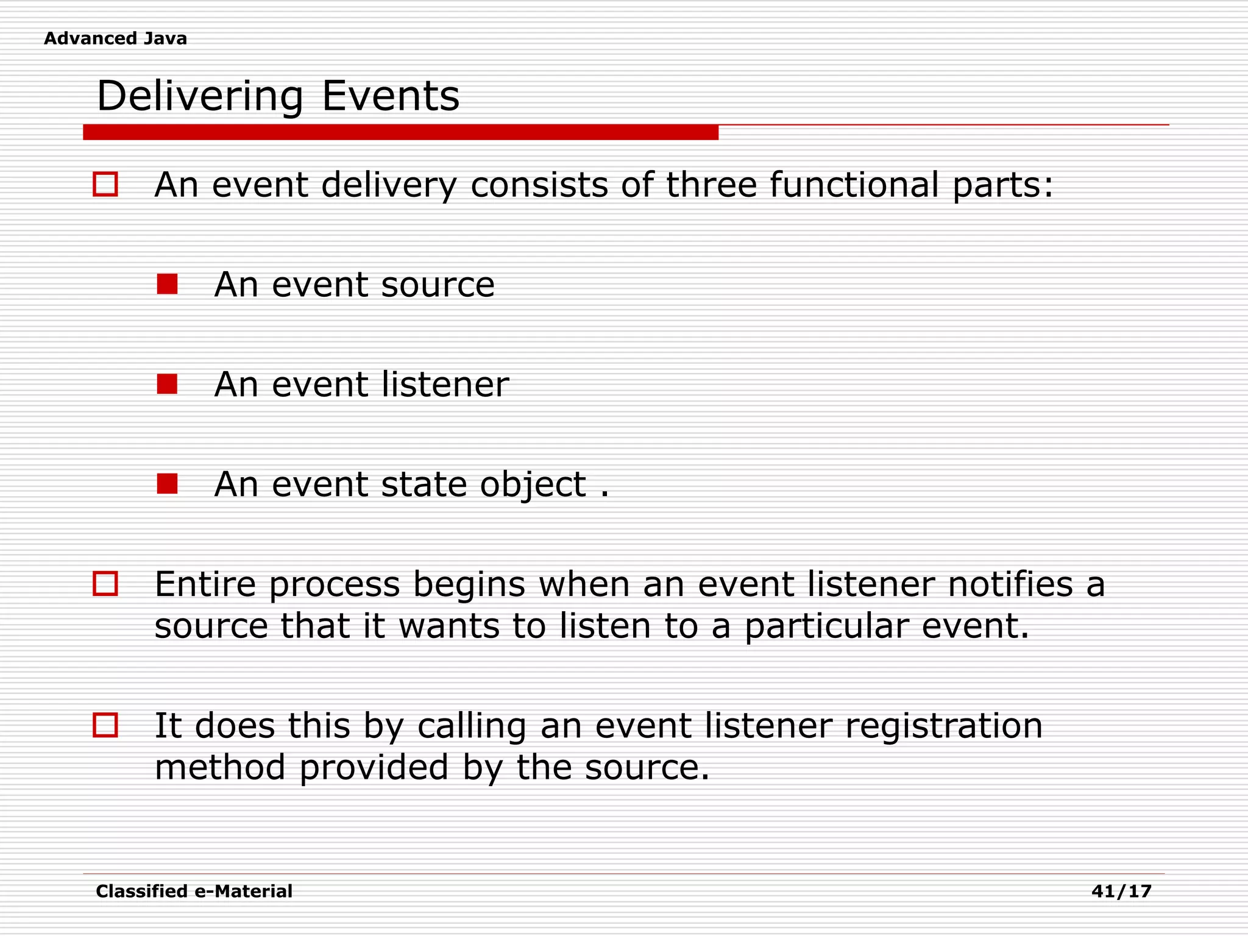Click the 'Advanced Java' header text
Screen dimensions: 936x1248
(115, 38)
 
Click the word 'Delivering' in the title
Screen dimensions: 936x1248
(199, 96)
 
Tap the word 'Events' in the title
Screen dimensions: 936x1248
(390, 96)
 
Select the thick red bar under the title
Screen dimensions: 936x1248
(400, 132)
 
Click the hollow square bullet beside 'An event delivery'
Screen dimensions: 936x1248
(105, 184)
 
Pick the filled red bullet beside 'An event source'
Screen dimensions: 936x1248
(167, 284)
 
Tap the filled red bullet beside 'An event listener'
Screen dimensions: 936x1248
(167, 384)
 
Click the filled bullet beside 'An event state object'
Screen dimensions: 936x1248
(167, 484)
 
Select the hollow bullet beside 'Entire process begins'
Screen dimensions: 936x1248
(105, 584)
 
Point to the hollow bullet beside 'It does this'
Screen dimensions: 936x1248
(105, 725)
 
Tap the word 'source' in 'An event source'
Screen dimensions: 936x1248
(438, 285)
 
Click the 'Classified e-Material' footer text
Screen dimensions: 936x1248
(194, 892)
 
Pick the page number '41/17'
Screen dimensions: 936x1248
(1121, 892)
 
